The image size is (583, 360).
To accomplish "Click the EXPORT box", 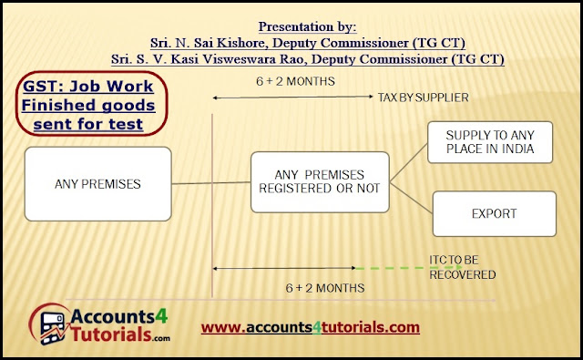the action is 494,214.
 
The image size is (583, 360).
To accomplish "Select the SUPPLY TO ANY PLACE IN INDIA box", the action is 490,142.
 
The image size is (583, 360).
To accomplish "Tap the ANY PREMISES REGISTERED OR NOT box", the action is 320,182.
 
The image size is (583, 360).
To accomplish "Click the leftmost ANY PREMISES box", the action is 97,184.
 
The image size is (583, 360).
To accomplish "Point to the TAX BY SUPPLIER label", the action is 423,98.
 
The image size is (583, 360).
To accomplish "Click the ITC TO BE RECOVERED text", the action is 462,267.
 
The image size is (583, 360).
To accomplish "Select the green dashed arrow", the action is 409,268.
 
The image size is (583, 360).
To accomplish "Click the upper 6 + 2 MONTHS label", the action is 295,81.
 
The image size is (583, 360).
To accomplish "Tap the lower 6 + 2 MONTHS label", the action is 325,288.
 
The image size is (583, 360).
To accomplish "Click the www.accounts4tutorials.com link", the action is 311,327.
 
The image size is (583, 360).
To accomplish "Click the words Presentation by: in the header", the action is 308,26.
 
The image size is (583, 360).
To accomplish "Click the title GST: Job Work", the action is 88,87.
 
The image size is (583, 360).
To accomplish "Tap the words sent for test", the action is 88,124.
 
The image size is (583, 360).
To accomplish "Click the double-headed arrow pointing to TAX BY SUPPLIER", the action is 292,98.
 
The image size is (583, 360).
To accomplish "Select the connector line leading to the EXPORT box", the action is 411,198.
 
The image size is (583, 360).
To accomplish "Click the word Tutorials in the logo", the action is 111,334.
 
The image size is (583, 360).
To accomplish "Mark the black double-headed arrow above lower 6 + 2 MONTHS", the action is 284,268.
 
